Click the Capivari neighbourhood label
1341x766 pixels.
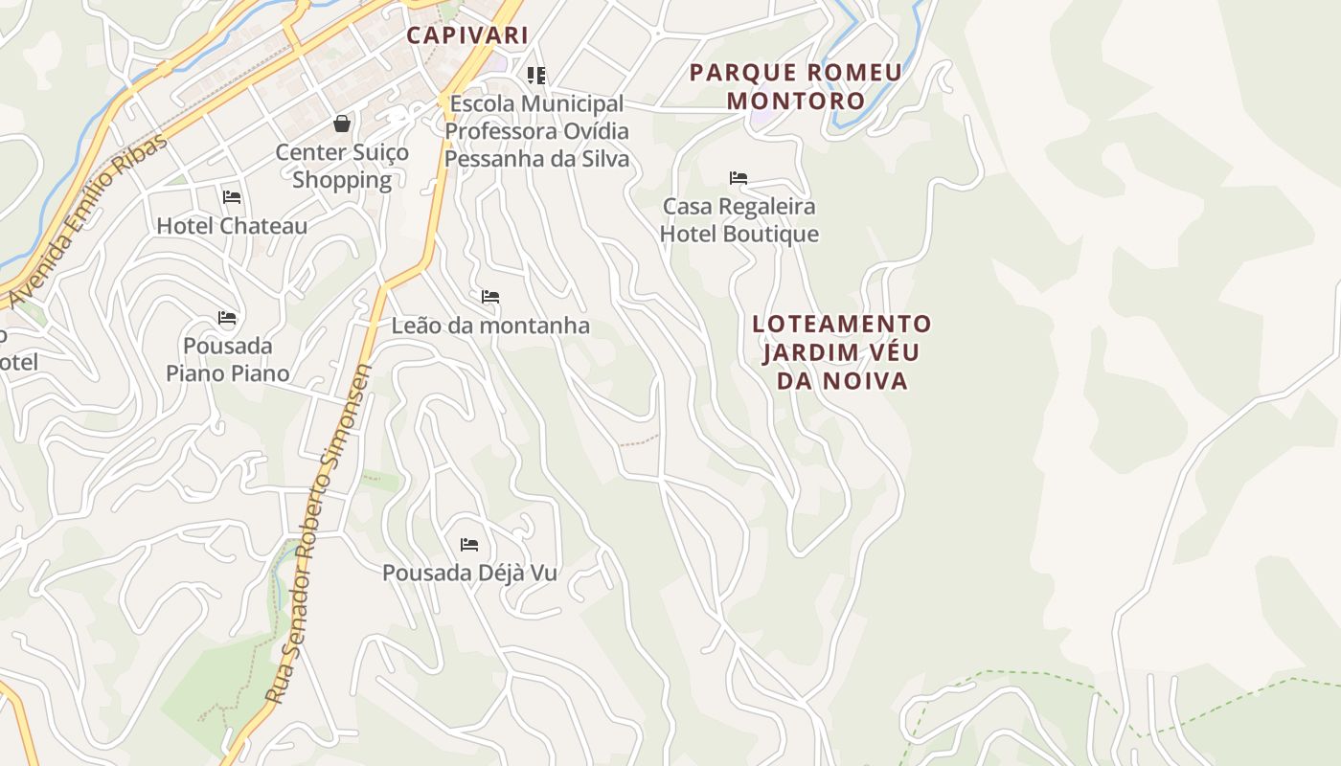(x=467, y=35)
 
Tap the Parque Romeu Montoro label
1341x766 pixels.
(x=795, y=86)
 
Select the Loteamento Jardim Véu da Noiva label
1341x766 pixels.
(x=841, y=351)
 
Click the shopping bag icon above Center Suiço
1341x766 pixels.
(x=342, y=124)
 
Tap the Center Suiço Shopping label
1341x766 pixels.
(x=342, y=166)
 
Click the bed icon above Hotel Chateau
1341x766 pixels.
(x=232, y=197)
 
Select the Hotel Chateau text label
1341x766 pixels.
(x=232, y=226)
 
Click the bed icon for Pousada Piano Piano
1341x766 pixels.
(x=227, y=317)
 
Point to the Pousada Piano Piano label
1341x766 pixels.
(x=228, y=359)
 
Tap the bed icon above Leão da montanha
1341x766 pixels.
(x=490, y=297)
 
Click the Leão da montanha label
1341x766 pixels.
(x=490, y=326)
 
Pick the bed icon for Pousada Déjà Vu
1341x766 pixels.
(x=469, y=544)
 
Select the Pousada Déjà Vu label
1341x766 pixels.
(x=469, y=573)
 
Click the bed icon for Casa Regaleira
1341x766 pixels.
(x=739, y=177)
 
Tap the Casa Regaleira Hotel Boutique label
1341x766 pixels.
(x=739, y=220)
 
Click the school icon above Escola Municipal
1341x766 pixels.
(x=536, y=75)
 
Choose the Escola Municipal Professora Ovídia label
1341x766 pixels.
(x=536, y=130)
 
